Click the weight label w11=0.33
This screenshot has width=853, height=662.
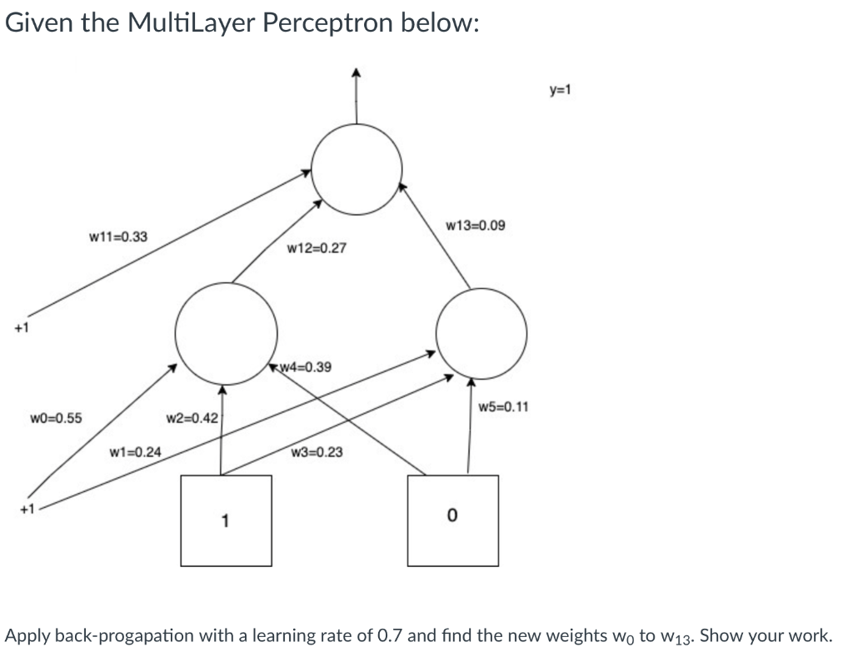click(x=117, y=236)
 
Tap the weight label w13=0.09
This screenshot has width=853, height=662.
click(x=475, y=225)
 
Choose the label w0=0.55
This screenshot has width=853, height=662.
click(x=56, y=417)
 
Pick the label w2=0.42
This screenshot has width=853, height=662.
click(x=192, y=417)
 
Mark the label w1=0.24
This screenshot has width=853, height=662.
click(x=136, y=452)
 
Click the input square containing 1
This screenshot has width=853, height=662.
click(x=226, y=520)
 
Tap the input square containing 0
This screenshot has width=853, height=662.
click(x=452, y=520)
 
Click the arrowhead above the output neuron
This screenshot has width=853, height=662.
click(x=357, y=73)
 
